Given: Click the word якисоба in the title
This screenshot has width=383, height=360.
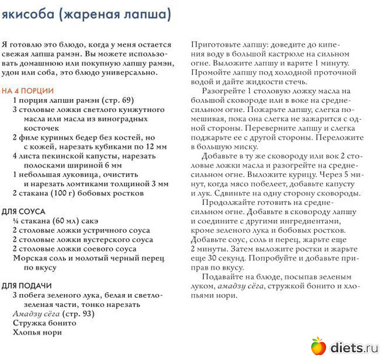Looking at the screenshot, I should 28,14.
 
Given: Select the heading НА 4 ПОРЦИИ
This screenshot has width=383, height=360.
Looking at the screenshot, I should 28,91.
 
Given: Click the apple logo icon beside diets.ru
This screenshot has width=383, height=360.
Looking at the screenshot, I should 318,346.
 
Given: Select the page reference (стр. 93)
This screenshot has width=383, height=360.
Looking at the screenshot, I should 78,313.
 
